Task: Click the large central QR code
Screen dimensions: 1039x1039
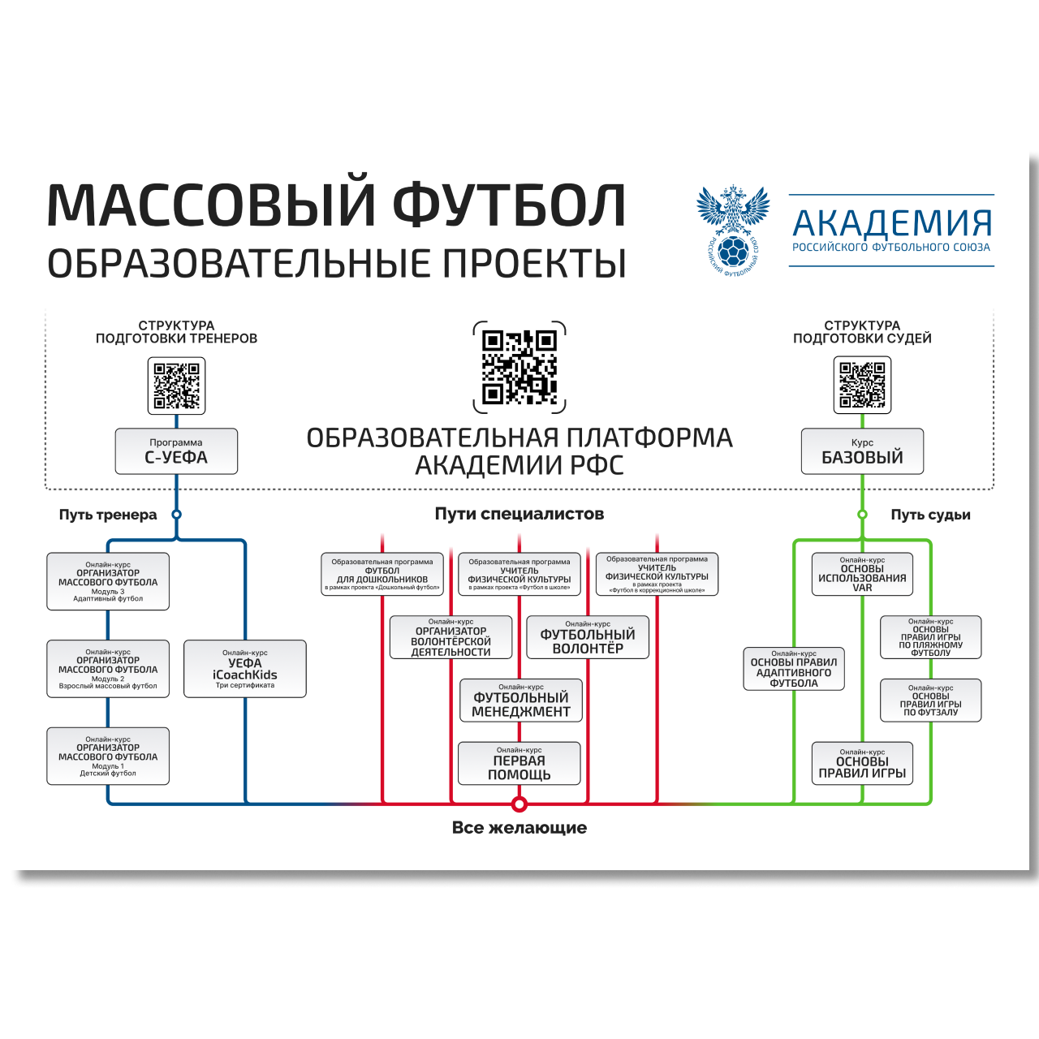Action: pos(519,367)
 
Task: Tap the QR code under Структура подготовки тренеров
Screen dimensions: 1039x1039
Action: pos(176,386)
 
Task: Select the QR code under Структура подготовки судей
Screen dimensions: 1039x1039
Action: pos(862,386)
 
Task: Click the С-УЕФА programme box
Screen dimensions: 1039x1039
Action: pos(176,451)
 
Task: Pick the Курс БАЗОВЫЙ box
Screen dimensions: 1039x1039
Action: pos(862,451)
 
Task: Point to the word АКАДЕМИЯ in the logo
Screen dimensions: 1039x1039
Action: pos(892,222)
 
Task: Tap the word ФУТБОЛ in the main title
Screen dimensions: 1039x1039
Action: pos(510,205)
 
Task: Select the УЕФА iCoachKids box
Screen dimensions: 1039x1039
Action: pos(245,669)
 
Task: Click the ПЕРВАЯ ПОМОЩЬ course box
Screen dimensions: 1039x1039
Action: pos(519,763)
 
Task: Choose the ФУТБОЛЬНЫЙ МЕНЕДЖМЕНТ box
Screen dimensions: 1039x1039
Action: pos(521,700)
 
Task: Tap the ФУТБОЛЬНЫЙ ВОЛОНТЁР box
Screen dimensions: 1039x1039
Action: pos(588,637)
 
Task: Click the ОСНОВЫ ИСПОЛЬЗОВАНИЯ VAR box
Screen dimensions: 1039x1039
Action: pos(862,574)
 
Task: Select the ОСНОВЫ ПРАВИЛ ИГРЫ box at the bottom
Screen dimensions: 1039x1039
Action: pos(862,763)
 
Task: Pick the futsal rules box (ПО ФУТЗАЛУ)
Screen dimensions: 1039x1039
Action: pos(931,700)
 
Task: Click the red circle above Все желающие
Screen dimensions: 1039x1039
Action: pos(519,804)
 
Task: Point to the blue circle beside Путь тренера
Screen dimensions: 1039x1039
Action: pos(176,514)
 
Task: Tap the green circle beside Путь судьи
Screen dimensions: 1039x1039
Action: pos(862,514)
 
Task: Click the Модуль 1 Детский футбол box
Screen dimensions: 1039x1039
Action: pos(108,756)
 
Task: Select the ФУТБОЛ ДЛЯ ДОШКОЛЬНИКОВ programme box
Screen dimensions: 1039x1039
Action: pos(382,574)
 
